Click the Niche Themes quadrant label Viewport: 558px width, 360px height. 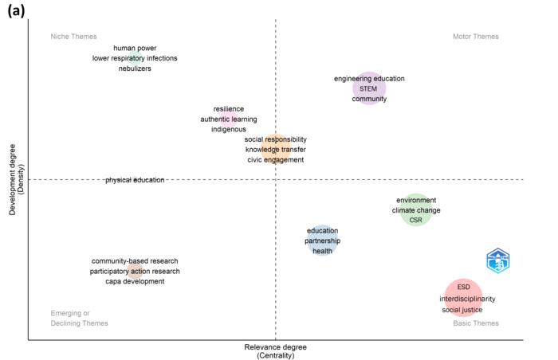(73, 37)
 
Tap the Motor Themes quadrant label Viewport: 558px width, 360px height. (475, 37)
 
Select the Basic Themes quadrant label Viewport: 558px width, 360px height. (476, 323)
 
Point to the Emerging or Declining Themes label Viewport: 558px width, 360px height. (79, 319)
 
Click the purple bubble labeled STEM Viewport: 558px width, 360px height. (369, 89)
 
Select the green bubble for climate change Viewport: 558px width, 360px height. (415, 210)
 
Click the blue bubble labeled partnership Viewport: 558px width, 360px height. (322, 241)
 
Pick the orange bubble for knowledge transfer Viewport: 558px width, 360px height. (275, 150)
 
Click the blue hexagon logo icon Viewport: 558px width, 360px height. (498, 260)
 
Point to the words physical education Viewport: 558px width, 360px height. (135, 180)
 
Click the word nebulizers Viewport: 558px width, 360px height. (135, 68)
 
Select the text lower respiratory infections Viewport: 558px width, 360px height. (135, 58)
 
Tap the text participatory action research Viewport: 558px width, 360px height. (135, 272)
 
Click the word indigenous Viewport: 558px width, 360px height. (229, 129)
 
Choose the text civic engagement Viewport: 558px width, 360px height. (275, 160)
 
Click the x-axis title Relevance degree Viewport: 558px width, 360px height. (276, 347)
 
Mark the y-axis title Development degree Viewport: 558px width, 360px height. (13, 179)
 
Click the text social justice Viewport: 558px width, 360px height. (462, 310)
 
